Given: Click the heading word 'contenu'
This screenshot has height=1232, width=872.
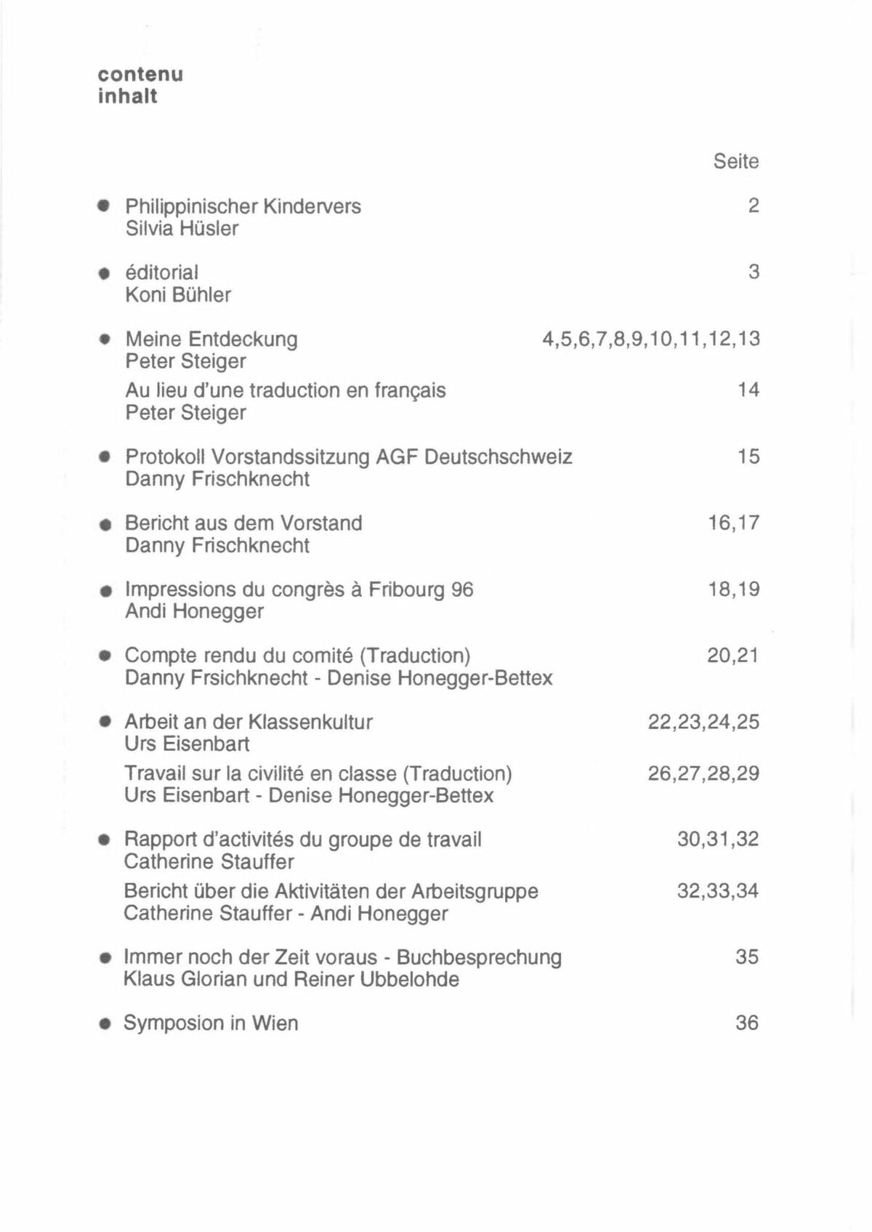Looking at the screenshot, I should [x=140, y=74].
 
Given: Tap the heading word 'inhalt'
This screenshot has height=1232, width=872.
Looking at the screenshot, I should [x=128, y=97].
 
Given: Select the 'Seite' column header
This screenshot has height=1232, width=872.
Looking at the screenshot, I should [x=735, y=161].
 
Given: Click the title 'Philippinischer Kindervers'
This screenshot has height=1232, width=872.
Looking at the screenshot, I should [x=243, y=206].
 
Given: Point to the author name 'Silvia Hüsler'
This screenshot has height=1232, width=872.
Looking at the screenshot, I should [x=182, y=228].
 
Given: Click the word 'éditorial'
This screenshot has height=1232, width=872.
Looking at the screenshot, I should [x=161, y=273].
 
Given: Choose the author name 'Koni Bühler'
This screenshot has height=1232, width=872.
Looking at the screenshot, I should [x=178, y=294].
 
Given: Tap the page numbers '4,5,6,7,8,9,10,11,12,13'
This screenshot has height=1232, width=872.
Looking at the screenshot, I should [x=650, y=339].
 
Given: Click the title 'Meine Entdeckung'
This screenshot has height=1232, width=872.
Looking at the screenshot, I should [x=211, y=339].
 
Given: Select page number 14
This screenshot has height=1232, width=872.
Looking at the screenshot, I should [x=748, y=390].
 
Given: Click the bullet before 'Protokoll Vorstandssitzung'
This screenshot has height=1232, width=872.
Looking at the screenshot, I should [x=105, y=457].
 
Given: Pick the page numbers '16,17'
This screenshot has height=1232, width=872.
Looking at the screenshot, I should [x=733, y=523].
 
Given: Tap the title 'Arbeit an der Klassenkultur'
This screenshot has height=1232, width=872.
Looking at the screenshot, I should [x=249, y=722].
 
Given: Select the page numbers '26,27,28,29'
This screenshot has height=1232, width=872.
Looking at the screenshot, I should [x=703, y=773].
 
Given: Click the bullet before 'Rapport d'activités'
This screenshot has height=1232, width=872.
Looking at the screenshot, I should [x=105, y=840].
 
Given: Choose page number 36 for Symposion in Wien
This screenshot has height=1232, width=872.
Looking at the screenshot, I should [x=746, y=1023].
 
